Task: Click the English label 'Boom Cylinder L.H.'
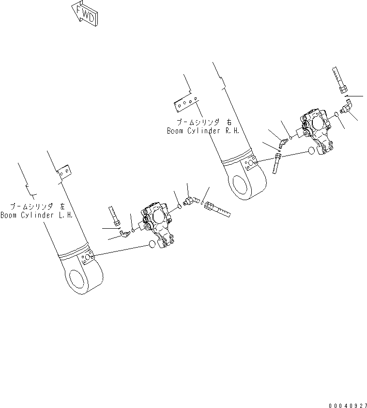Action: pyautogui.click(x=36, y=215)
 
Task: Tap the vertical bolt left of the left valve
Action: pyautogui.click(x=114, y=216)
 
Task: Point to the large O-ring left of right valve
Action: pyautogui.click(x=312, y=152)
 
